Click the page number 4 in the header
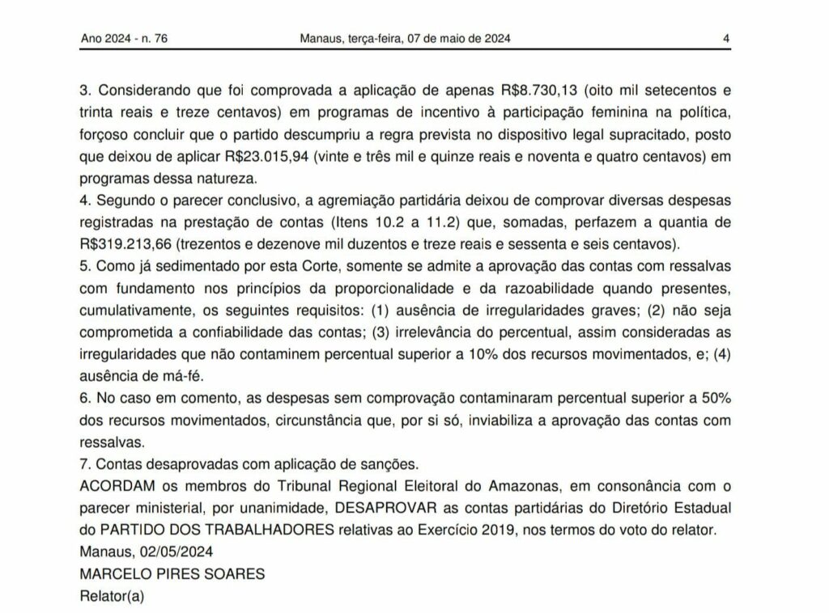point(727,38)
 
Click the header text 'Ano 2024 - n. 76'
point(125,38)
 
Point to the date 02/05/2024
point(171,552)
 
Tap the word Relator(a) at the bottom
point(111,597)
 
